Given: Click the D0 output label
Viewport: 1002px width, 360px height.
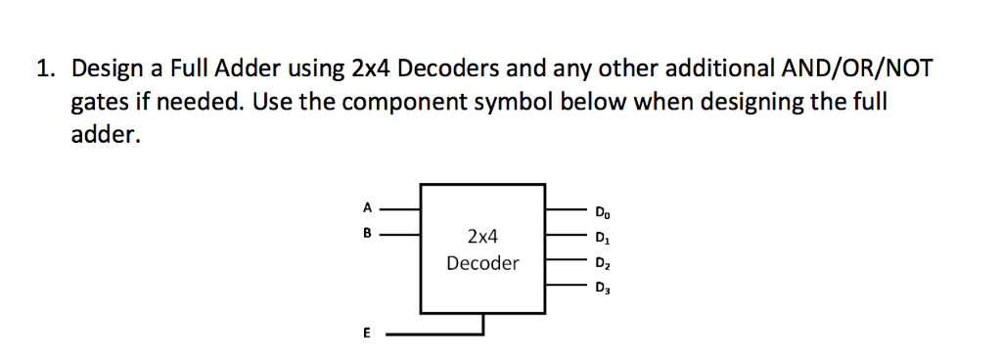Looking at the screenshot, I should (600, 210).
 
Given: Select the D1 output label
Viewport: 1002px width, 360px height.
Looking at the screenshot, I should (600, 236).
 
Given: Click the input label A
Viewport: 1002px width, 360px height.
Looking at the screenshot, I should (367, 207).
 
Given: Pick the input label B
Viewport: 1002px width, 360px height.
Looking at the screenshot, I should (367, 234).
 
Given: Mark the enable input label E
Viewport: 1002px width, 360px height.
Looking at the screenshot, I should (367, 334).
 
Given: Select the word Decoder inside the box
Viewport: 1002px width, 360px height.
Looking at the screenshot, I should (482, 263).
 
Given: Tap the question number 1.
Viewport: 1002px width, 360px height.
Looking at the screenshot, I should (43, 69).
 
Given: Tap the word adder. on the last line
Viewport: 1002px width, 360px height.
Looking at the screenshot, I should (106, 135).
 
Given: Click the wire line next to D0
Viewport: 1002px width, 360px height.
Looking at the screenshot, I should (566, 209).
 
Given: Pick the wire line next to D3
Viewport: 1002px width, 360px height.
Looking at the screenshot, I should (566, 286).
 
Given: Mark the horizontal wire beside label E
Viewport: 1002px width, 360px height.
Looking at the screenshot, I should (431, 334).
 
